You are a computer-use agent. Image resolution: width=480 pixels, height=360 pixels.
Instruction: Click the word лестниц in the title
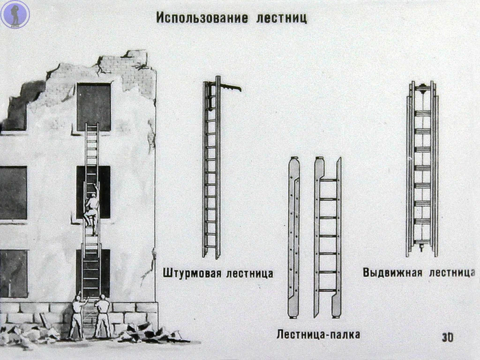click(x=280, y=17)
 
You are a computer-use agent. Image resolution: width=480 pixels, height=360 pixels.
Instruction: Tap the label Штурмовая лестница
click(x=218, y=273)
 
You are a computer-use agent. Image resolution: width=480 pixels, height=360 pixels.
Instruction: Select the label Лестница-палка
click(x=318, y=335)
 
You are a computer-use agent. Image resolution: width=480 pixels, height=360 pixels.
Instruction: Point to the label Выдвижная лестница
click(x=418, y=272)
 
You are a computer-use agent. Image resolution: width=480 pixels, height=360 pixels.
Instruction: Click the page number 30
click(x=448, y=337)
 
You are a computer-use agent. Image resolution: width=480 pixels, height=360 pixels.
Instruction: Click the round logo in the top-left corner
click(x=15, y=15)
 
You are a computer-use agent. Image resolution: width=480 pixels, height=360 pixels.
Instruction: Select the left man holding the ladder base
click(x=77, y=316)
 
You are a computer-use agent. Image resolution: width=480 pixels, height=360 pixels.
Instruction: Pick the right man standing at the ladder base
click(x=103, y=315)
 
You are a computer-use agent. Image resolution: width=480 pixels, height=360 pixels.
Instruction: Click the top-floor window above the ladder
click(x=94, y=106)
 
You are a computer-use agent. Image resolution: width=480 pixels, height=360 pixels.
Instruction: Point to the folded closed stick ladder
click(x=293, y=237)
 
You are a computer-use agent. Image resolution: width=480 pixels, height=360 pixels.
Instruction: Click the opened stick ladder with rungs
click(x=328, y=237)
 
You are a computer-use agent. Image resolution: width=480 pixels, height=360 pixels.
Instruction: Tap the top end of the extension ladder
click(x=422, y=86)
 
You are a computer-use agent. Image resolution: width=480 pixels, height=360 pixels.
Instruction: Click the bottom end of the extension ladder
click(x=422, y=250)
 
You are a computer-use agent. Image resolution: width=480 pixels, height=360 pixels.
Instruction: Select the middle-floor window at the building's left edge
click(x=13, y=193)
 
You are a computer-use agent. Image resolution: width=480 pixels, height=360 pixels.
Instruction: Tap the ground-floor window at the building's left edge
click(x=13, y=273)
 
